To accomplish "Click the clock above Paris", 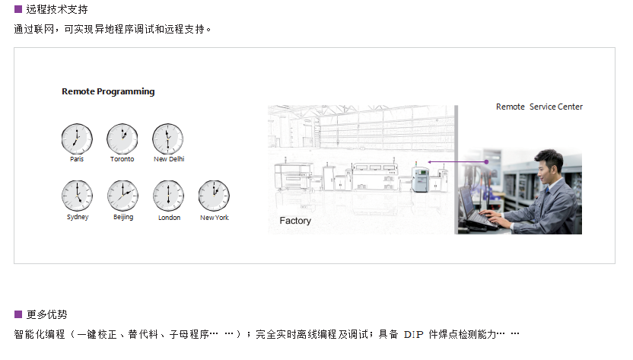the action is point(77,139).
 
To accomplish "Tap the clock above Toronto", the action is point(122,139).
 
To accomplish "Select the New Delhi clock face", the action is point(167,139).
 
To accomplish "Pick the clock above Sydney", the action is point(77,196).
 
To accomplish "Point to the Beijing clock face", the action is point(122,196).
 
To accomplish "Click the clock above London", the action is point(168,196).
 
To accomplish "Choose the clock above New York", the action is point(214,196).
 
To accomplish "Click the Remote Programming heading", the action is point(108,92).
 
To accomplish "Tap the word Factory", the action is point(295,221).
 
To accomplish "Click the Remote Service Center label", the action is point(539,107).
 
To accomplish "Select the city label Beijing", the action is point(123,218).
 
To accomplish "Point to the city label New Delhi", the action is point(169,159).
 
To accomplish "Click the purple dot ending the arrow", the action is point(486,161).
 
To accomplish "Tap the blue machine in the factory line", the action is point(420,179).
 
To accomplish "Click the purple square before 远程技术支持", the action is point(18,9).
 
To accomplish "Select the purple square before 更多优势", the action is point(18,314).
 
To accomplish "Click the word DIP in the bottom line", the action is point(414,335).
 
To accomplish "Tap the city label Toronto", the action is point(122,159).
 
